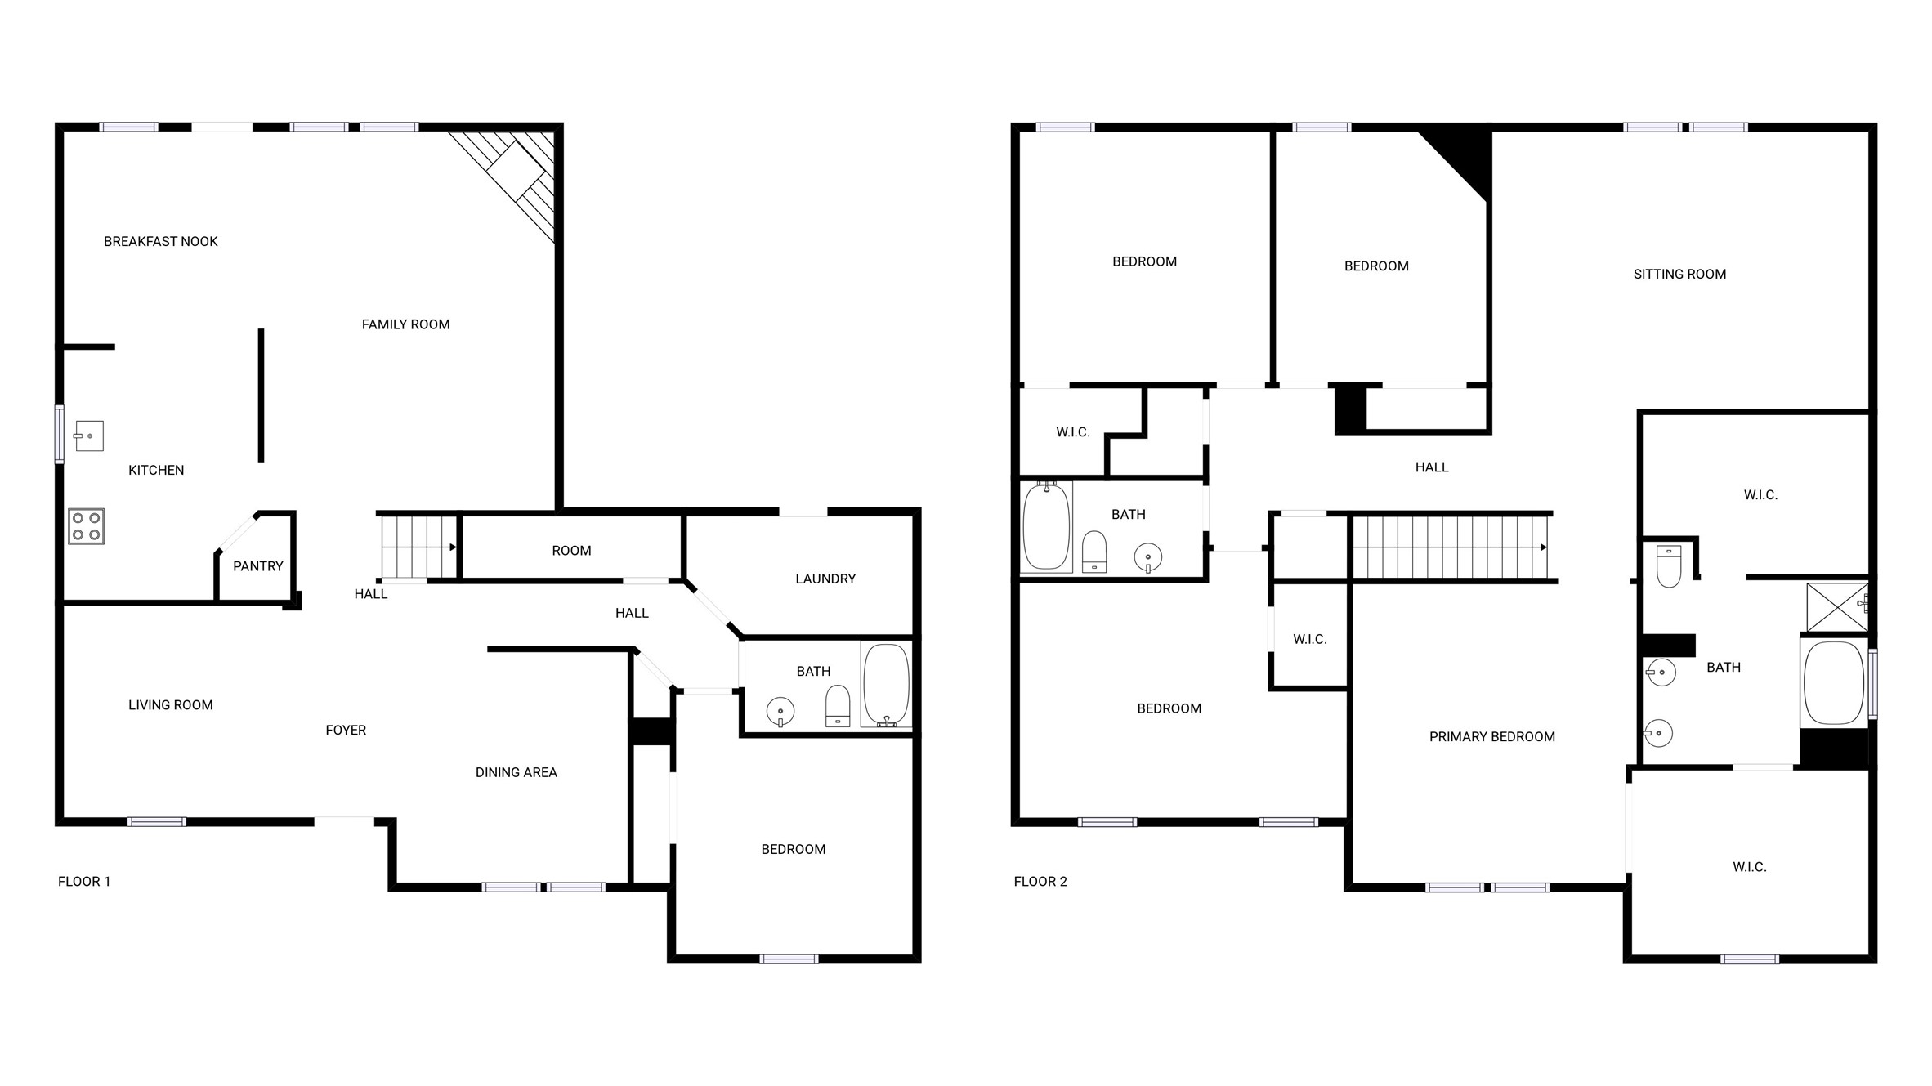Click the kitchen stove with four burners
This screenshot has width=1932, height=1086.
click(x=86, y=526)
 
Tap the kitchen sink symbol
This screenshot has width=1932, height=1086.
click(x=89, y=436)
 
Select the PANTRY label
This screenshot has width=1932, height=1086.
click(x=258, y=566)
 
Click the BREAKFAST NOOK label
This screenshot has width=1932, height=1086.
click(x=161, y=241)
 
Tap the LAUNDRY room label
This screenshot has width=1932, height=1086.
click(x=825, y=579)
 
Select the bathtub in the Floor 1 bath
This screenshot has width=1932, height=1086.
click(x=887, y=685)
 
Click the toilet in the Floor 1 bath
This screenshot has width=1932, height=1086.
click(x=838, y=706)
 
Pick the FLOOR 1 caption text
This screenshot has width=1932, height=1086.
click(x=84, y=881)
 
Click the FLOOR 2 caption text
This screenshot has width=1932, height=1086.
click(x=1040, y=881)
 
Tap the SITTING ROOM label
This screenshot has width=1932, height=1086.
click(x=1679, y=275)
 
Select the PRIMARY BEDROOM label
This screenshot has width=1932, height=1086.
click(x=1491, y=737)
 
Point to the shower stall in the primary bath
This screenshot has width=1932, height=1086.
click(x=1837, y=606)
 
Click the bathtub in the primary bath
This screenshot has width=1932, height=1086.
click(x=1833, y=683)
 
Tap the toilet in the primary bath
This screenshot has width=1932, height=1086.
click(x=1669, y=566)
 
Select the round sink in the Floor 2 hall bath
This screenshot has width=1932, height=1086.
click(x=1148, y=558)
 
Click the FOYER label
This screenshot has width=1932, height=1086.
click(x=346, y=731)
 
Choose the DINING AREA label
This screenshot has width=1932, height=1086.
click(x=517, y=772)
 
